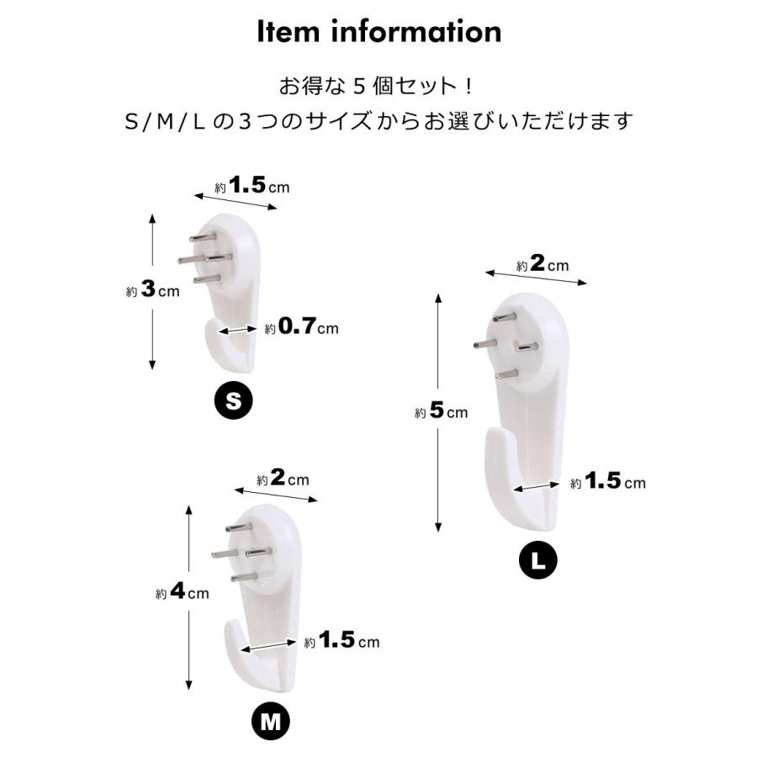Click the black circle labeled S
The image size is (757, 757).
pyautogui.click(x=235, y=402)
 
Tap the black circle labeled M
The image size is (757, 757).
pyautogui.click(x=271, y=720)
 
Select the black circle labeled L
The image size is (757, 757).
pyautogui.click(x=537, y=561)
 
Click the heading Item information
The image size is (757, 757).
pyautogui.click(x=378, y=32)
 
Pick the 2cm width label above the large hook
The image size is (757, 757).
pyautogui.click(x=543, y=265)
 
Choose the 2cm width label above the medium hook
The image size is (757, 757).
pyautogui.click(x=283, y=479)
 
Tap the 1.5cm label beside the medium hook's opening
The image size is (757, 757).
pyautogui.click(x=341, y=641)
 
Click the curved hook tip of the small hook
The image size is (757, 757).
pyautogui.click(x=215, y=336)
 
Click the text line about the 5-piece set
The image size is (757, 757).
pyautogui.click(x=378, y=87)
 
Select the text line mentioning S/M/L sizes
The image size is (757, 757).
pyautogui.click(x=378, y=121)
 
